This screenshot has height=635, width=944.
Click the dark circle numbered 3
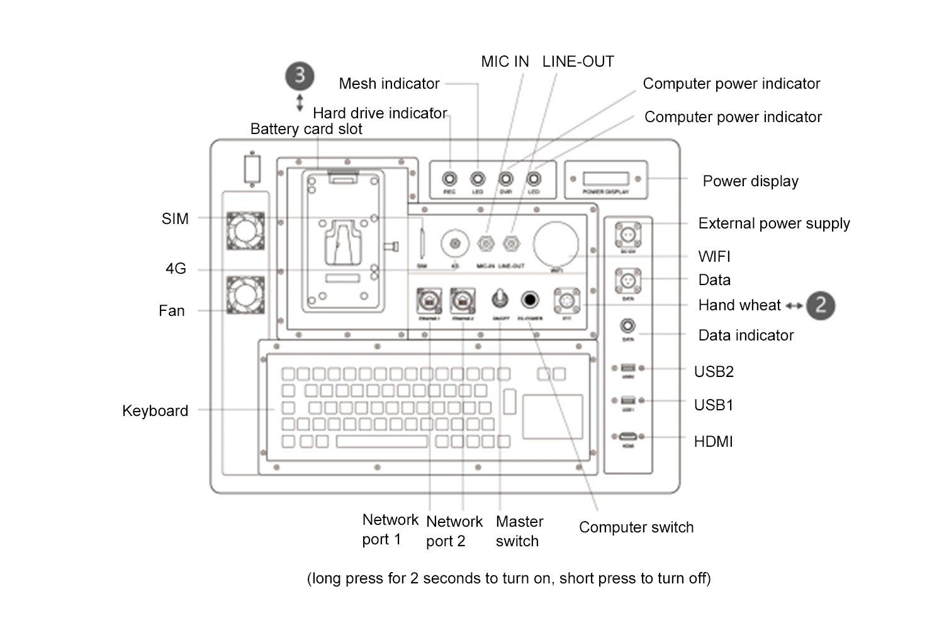tap(300, 76)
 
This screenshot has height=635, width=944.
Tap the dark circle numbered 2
tap(821, 305)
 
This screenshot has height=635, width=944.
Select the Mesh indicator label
tap(389, 84)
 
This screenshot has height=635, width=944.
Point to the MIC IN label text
tap(505, 62)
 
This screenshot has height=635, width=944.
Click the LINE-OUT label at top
tap(578, 62)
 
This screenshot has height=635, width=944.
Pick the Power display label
tap(750, 181)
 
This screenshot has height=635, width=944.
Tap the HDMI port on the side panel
tap(627, 436)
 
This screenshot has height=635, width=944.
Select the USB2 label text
tap(714, 372)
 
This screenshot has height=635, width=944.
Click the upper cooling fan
tap(245, 231)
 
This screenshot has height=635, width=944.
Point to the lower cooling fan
tap(245, 295)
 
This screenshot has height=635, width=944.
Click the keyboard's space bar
tap(381, 441)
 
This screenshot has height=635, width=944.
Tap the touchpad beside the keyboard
tap(553, 416)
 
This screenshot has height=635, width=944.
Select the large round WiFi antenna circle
tap(556, 244)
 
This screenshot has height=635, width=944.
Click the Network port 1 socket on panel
tap(429, 300)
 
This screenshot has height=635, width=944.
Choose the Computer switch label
tap(636, 527)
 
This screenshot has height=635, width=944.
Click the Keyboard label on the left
tap(155, 411)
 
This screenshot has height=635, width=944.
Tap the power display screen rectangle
tap(605, 179)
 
